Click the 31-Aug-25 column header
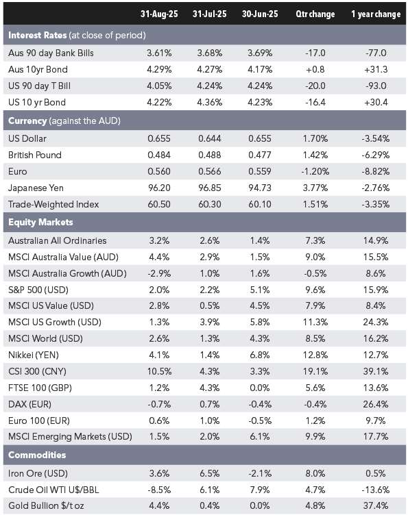click(159, 14)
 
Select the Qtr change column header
click(315, 14)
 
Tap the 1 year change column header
click(376, 14)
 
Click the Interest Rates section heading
click(38, 35)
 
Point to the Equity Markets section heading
click(40, 223)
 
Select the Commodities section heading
click(37, 455)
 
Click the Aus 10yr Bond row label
click(38, 70)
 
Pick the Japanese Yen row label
click(36, 188)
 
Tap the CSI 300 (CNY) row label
click(37, 371)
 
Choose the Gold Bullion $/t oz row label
click(46, 505)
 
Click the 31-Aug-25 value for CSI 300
click(159, 371)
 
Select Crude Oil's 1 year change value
click(376, 490)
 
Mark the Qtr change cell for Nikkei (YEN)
click(315, 355)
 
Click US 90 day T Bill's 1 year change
click(376, 86)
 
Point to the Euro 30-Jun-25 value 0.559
click(260, 171)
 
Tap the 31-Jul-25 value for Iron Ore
click(209, 473)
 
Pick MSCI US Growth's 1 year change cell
click(376, 322)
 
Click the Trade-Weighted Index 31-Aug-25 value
click(159, 204)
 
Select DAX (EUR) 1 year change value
click(376, 404)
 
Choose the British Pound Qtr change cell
click(315, 155)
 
